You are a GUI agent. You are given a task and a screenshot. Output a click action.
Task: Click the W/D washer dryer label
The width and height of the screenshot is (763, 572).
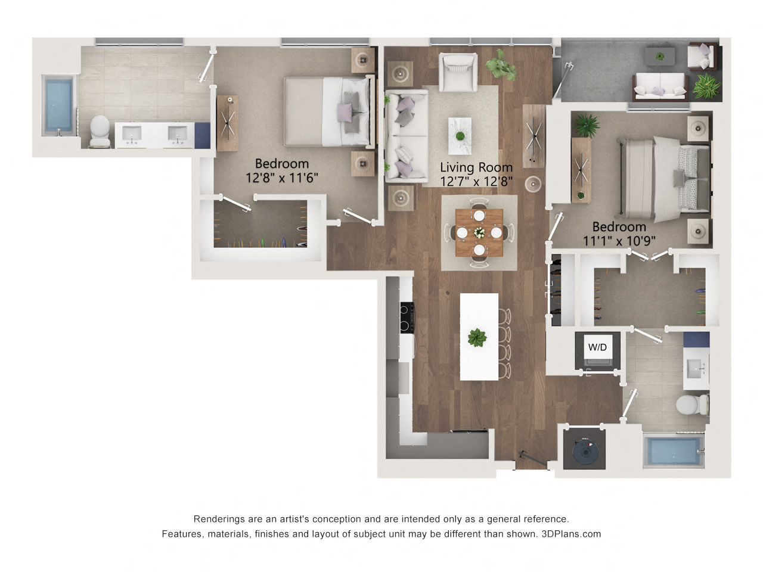pos(597,347)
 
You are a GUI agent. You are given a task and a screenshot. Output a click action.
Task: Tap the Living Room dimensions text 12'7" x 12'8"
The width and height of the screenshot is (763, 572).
pos(476,181)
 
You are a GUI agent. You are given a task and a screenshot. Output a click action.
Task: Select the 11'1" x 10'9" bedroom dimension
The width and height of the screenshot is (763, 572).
pos(619,241)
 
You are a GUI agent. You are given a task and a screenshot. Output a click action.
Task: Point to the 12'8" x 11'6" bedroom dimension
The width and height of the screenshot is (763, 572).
pos(281,178)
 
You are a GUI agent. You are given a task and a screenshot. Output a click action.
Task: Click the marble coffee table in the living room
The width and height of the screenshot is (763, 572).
pos(460,136)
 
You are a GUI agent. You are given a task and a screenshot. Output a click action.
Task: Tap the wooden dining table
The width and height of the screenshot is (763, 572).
pos(479,232)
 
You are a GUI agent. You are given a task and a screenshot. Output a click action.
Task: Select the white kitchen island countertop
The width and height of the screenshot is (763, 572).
pos(479,337)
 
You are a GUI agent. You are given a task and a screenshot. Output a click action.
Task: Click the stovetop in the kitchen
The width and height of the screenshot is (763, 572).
pos(407,318)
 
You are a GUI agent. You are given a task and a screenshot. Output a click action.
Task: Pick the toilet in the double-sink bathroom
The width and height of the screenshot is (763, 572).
pos(100,131)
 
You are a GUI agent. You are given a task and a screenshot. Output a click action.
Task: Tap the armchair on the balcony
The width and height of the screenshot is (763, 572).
pos(703,57)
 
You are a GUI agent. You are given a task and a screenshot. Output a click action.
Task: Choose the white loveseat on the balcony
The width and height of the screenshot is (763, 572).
pos(660,87)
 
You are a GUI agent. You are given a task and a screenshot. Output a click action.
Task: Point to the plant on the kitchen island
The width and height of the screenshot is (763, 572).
pos(477,338)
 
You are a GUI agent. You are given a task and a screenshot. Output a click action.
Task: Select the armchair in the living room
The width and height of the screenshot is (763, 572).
pos(458,72)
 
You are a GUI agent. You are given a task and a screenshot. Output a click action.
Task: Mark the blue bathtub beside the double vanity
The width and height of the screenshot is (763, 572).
pos(58,105)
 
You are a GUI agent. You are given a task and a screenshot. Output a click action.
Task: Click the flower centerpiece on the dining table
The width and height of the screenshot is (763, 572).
pos(479,232)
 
